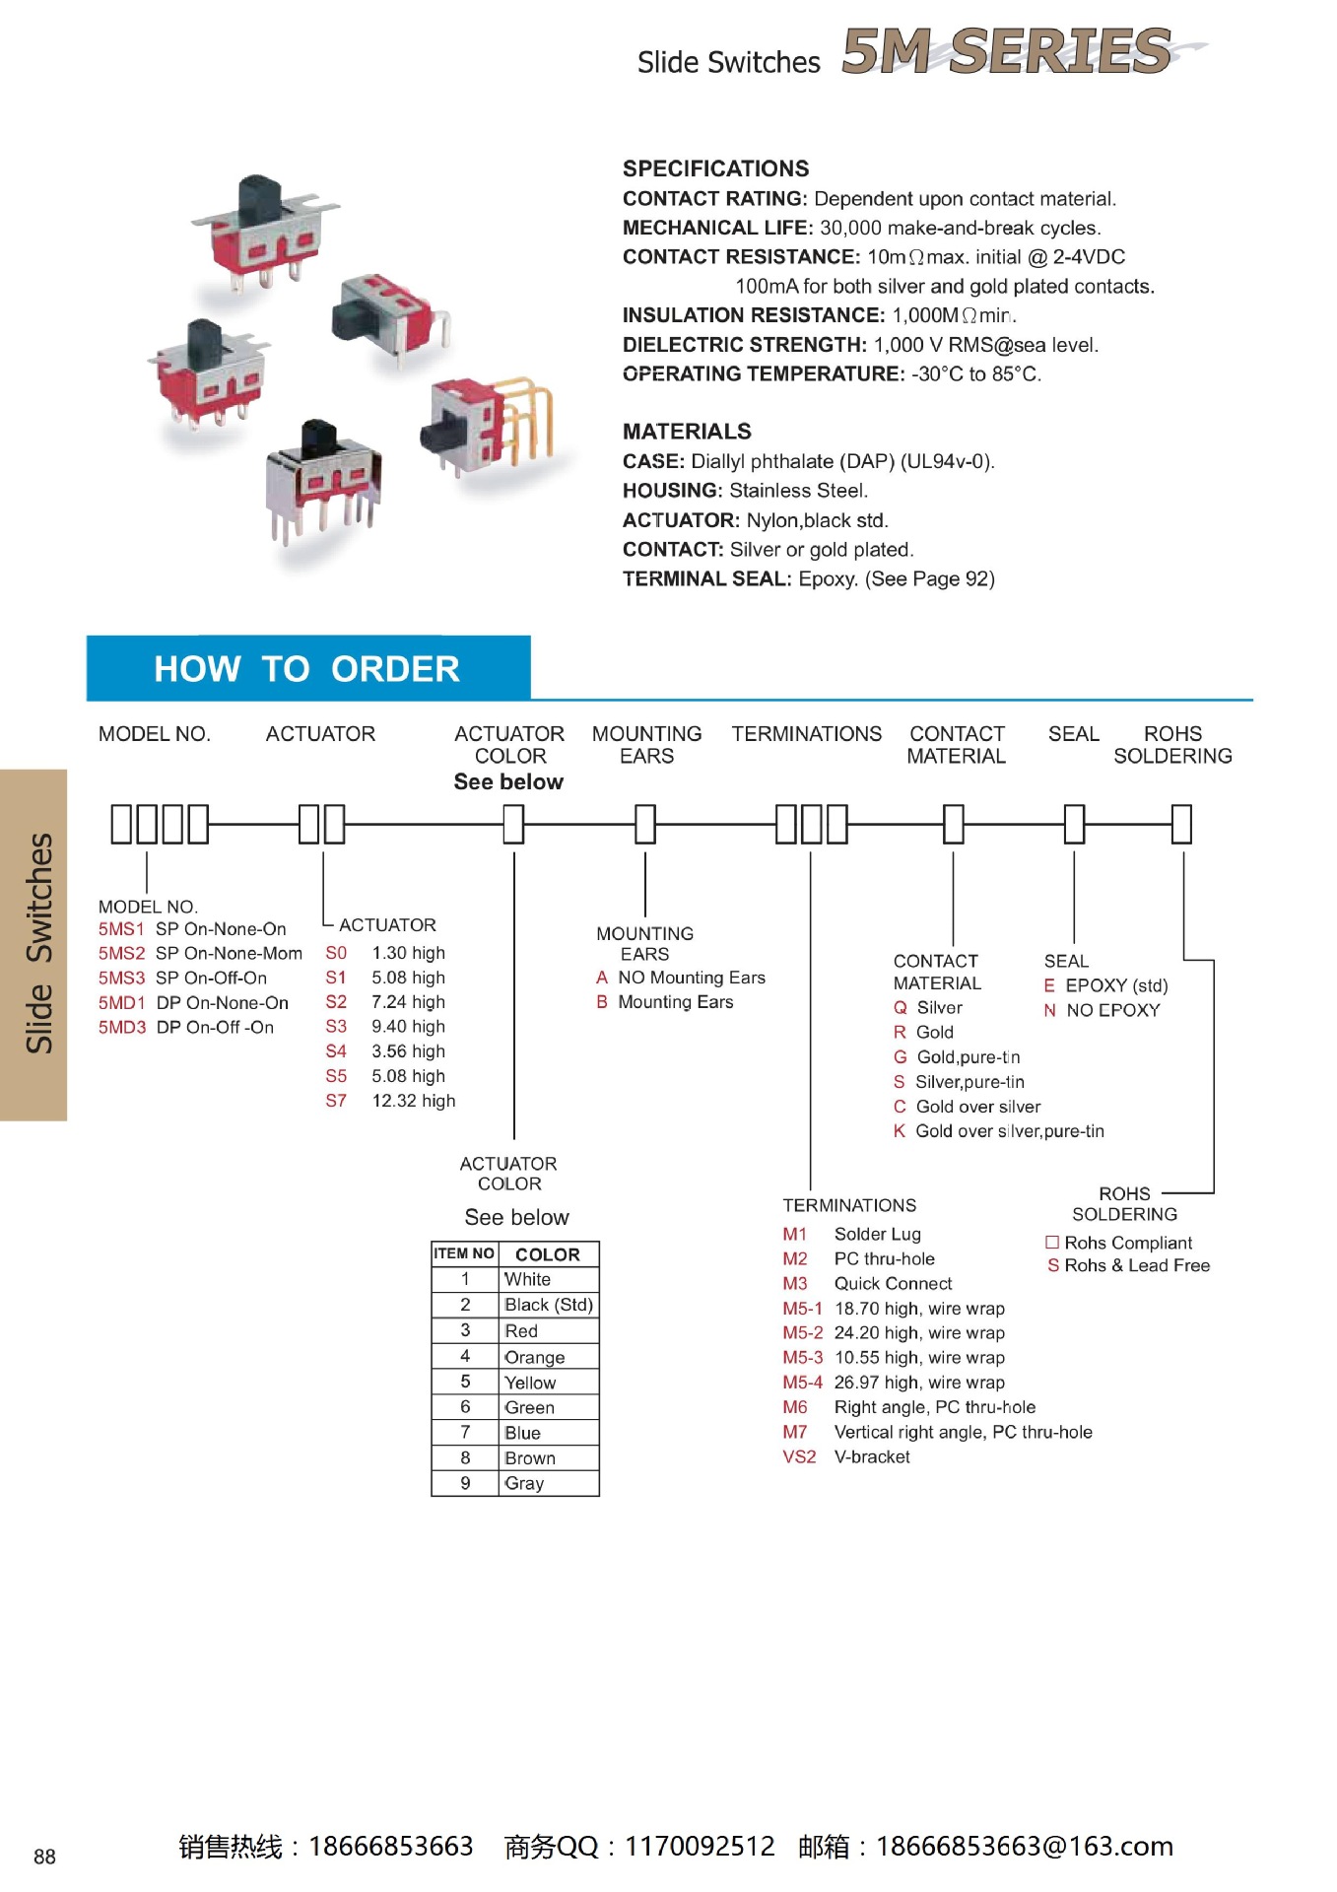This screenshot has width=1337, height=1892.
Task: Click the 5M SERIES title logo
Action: [x=1007, y=51]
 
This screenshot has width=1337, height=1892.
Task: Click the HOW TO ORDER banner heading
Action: [x=306, y=669]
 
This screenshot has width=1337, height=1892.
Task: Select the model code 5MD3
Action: [x=121, y=1027]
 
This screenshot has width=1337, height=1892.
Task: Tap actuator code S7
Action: [x=336, y=1101]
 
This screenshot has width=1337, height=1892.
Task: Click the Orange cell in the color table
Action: [x=535, y=1357]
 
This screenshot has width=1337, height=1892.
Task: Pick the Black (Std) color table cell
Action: [x=548, y=1305]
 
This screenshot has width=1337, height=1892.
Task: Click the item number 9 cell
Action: [x=465, y=1483]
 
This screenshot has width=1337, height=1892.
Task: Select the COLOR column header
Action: [x=548, y=1254]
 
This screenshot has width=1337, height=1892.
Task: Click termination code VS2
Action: [x=799, y=1456]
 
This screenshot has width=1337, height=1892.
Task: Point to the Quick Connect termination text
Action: [x=893, y=1283]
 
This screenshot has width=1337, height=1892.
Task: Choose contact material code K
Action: [x=900, y=1131]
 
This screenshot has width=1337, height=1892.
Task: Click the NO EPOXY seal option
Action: [x=1112, y=1010]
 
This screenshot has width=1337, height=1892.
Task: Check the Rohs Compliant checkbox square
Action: [x=1052, y=1243]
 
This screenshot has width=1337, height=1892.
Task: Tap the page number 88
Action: [x=44, y=1858]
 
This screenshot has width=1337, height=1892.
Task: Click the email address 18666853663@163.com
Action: [x=1025, y=1847]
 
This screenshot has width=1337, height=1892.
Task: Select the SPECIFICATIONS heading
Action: [x=715, y=169]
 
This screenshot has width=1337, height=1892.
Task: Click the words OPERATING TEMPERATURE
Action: [x=763, y=373]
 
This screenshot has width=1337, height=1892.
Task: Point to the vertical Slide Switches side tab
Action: [x=36, y=944]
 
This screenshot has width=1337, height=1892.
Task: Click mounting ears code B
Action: [x=602, y=1002]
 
